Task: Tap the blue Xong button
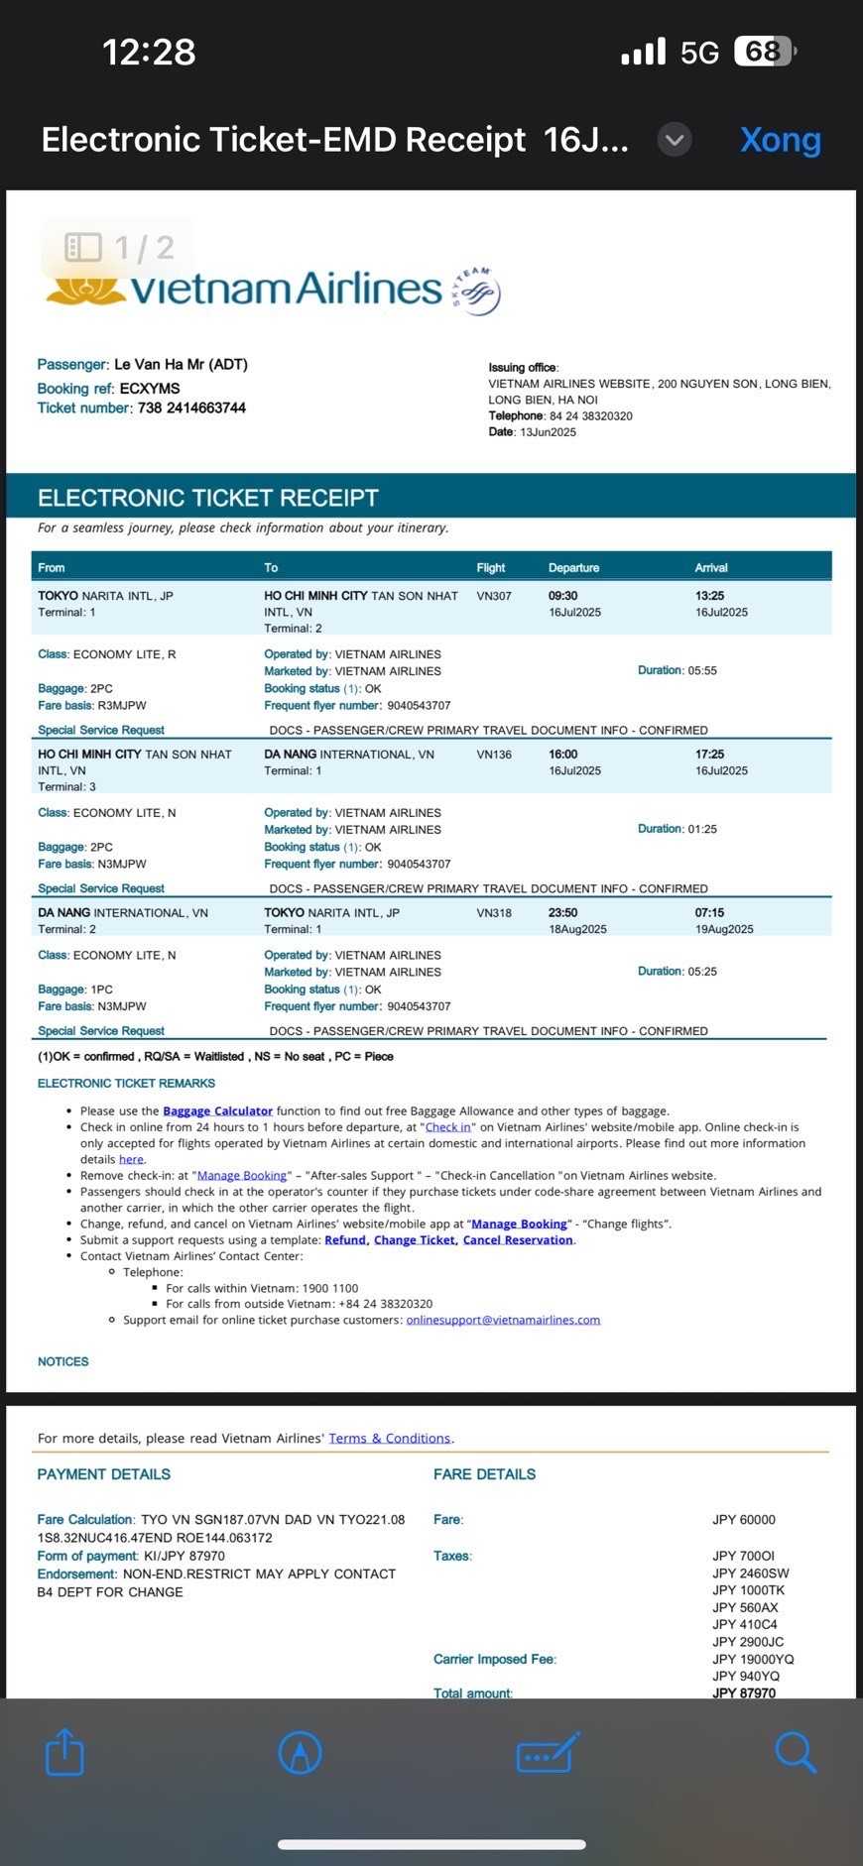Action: click(x=780, y=140)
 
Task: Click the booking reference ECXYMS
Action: click(x=150, y=389)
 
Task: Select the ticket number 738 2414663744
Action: click(x=191, y=408)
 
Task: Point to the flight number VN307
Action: click(x=494, y=596)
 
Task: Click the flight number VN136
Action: click(x=494, y=755)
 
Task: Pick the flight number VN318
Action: click(x=494, y=913)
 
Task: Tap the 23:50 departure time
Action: click(x=562, y=913)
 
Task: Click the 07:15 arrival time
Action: click(x=709, y=913)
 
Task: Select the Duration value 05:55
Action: click(x=702, y=671)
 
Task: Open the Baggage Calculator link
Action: click(x=217, y=1111)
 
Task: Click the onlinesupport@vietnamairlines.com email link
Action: click(x=503, y=1320)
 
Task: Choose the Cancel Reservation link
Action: click(x=518, y=1240)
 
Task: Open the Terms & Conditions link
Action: click(x=389, y=1439)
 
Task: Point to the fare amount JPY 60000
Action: click(x=744, y=1520)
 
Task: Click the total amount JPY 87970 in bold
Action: click(x=744, y=1692)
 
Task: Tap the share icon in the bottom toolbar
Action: click(x=65, y=1752)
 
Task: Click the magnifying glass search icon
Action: click(x=796, y=1752)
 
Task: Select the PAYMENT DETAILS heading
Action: click(x=104, y=1474)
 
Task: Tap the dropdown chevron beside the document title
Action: click(x=675, y=140)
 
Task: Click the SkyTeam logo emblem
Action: click(x=478, y=291)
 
